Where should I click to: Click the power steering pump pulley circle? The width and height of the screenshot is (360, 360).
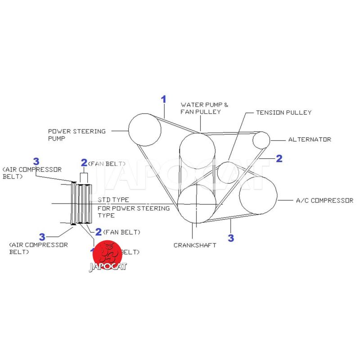[x=145, y=130]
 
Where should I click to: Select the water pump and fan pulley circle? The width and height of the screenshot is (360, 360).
[x=197, y=151]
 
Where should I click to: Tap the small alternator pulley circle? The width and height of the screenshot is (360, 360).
[x=261, y=140]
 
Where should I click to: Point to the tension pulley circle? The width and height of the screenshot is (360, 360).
[x=228, y=172]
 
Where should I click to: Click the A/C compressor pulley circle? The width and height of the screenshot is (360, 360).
[x=258, y=195]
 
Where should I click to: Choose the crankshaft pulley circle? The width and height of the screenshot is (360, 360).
[x=196, y=204]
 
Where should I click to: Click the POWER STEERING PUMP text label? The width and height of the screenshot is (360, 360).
[x=77, y=135]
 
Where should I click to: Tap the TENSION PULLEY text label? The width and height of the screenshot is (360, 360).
[x=283, y=112]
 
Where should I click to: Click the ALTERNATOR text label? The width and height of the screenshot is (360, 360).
[x=309, y=139]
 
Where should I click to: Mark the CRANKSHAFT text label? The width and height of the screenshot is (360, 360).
[x=195, y=245]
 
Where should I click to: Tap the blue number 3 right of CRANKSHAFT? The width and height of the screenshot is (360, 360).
[x=231, y=238]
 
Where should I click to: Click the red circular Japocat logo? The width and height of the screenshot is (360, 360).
[x=108, y=255]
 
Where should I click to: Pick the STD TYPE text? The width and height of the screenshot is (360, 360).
[x=113, y=199]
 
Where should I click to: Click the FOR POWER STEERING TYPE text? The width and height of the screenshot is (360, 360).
[x=134, y=211]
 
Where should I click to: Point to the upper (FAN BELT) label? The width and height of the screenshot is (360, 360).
[x=107, y=163]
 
